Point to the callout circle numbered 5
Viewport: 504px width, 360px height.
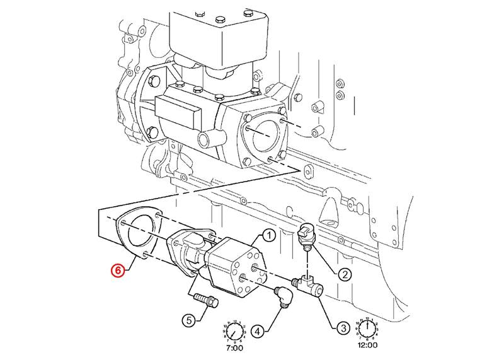coord(189,320)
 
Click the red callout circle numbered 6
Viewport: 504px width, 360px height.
coord(117,271)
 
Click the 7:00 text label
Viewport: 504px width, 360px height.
coord(234,347)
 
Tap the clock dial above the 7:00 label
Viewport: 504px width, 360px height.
coord(234,329)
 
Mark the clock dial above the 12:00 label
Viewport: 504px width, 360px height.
coord(367,328)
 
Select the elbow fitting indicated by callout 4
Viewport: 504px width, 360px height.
coord(283,294)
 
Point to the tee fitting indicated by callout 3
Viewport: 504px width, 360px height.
coord(309,284)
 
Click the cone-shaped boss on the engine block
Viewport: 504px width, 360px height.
coord(328,211)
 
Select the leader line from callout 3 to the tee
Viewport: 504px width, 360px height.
coord(327,308)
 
